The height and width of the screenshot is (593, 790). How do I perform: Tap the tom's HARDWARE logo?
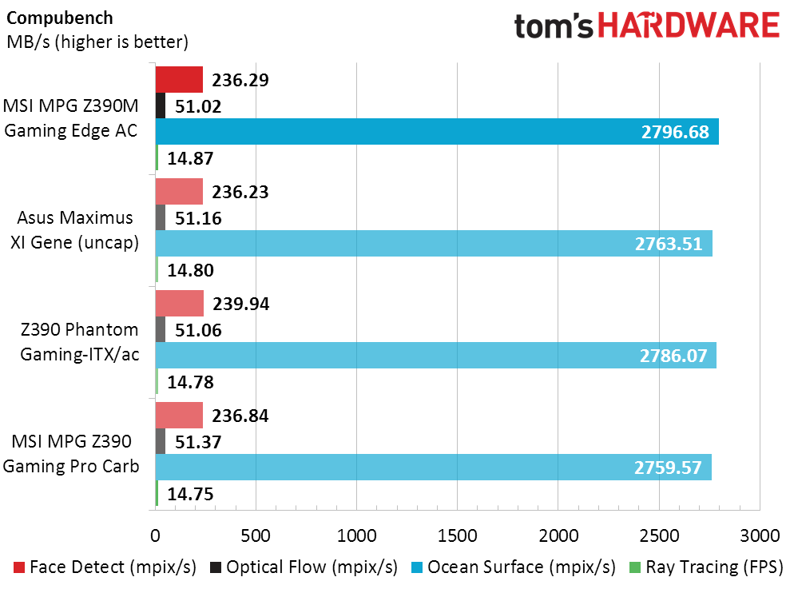tap(646, 26)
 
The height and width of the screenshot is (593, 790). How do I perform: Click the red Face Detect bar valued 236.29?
tap(179, 80)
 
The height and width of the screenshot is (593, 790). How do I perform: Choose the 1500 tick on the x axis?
tap(457, 534)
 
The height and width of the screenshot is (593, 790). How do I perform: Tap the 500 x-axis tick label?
tap(256, 534)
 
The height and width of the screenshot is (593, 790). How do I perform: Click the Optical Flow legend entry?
tap(304, 567)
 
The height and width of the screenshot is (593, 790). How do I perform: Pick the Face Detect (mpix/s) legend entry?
tap(105, 567)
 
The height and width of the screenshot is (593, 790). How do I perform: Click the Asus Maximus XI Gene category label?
tap(77, 231)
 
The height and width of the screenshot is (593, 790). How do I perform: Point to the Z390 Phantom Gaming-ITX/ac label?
tap(77, 342)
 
